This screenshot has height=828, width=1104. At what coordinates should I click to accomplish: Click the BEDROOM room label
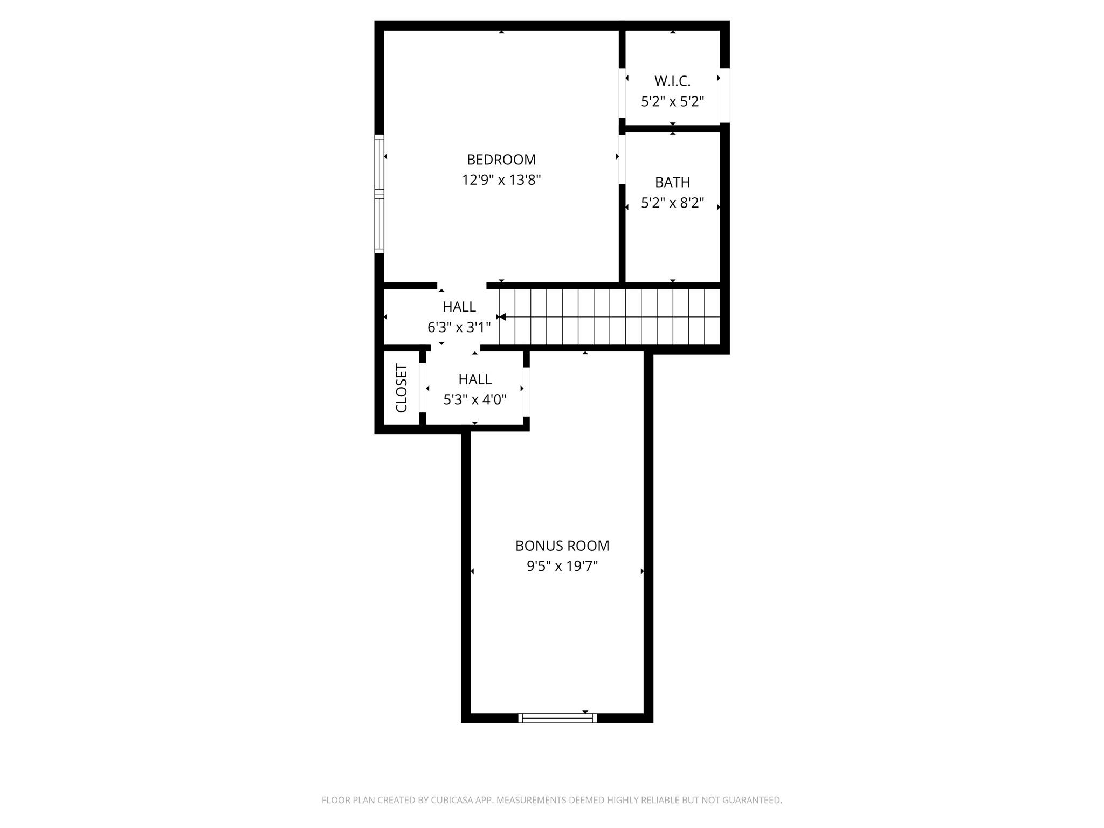501,160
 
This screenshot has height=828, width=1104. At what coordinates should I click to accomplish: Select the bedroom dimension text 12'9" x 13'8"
501,180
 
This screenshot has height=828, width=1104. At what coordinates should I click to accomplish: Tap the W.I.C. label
672,81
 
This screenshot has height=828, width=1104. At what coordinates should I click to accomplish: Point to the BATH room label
672,182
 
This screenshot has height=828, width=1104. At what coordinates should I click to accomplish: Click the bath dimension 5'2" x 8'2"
672,203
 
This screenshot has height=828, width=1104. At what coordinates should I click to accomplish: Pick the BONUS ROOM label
562,546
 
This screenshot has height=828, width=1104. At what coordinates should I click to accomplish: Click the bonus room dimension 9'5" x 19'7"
562,566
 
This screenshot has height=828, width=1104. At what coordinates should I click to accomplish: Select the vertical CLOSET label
402,388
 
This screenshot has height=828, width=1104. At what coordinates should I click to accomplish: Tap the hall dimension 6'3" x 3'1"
459,327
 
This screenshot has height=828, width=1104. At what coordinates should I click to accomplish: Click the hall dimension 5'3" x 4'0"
475,400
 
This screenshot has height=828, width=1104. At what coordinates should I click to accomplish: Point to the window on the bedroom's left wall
379,194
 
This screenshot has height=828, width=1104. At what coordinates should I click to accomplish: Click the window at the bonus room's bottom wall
557,718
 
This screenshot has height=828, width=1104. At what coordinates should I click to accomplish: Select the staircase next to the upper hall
609,316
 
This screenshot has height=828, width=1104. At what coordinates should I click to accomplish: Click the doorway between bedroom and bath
622,159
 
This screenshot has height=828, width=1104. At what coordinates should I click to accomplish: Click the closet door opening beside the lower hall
423,388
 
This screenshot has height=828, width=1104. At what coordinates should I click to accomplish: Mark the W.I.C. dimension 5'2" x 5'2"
672,101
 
